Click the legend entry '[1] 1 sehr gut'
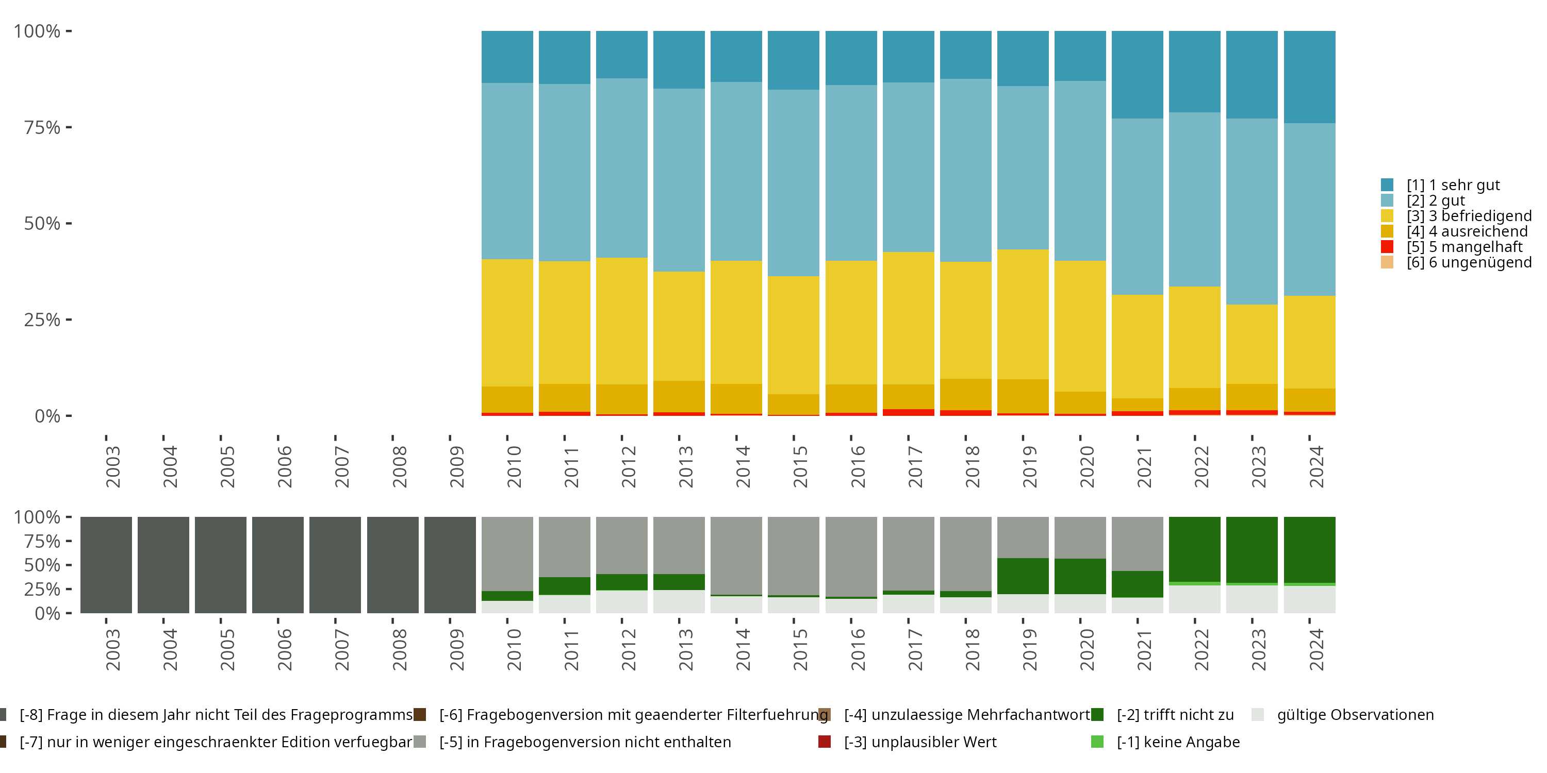tap(1453, 185)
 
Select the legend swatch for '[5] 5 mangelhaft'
tap(1387, 247)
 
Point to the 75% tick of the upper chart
tap(69, 127)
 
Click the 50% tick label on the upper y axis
tap(42, 224)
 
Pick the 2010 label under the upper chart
tap(514, 466)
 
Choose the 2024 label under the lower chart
tap(1316, 649)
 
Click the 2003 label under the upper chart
tap(113, 466)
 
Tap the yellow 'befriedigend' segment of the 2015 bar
tap(793, 335)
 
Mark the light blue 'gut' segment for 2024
tap(1309, 209)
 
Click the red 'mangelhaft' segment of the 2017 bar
tap(908, 412)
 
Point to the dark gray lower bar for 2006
tap(277, 565)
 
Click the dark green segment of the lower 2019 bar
tap(1023, 576)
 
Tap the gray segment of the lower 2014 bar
tap(736, 555)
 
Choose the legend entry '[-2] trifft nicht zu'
tap(1175, 715)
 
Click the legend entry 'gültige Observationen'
tap(1355, 715)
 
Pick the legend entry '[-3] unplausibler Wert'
tap(919, 742)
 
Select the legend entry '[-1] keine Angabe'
tap(1178, 742)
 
